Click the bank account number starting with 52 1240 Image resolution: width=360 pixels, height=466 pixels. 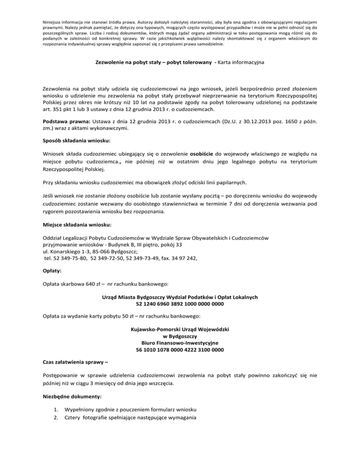[x=180, y=304]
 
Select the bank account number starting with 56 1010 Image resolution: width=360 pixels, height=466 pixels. [x=180, y=350]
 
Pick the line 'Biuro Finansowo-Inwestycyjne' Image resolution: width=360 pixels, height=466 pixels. [x=180, y=343]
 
